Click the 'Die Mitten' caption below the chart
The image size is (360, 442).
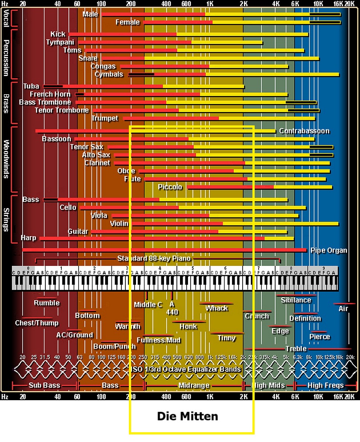point(188,416)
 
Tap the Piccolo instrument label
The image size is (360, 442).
point(170,187)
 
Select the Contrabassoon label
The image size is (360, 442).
point(304,131)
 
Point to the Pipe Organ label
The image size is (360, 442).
point(328,250)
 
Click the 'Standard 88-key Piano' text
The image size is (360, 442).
point(154,258)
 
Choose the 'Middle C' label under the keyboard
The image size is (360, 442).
point(148,305)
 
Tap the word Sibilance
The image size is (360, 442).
point(296,300)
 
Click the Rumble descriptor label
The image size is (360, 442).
point(47,303)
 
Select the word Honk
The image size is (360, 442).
point(188,326)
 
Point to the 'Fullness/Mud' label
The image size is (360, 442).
point(159,340)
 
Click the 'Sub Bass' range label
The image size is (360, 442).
point(44,386)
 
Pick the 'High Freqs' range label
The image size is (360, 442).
point(325,386)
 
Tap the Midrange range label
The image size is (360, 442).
point(193,386)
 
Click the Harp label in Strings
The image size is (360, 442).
point(28,238)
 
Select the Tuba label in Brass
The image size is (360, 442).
point(31,86)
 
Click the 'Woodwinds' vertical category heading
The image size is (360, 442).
point(6,159)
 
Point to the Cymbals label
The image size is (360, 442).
point(108,74)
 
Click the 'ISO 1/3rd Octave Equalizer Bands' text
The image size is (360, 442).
point(186,369)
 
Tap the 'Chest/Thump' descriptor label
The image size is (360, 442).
point(36,323)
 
